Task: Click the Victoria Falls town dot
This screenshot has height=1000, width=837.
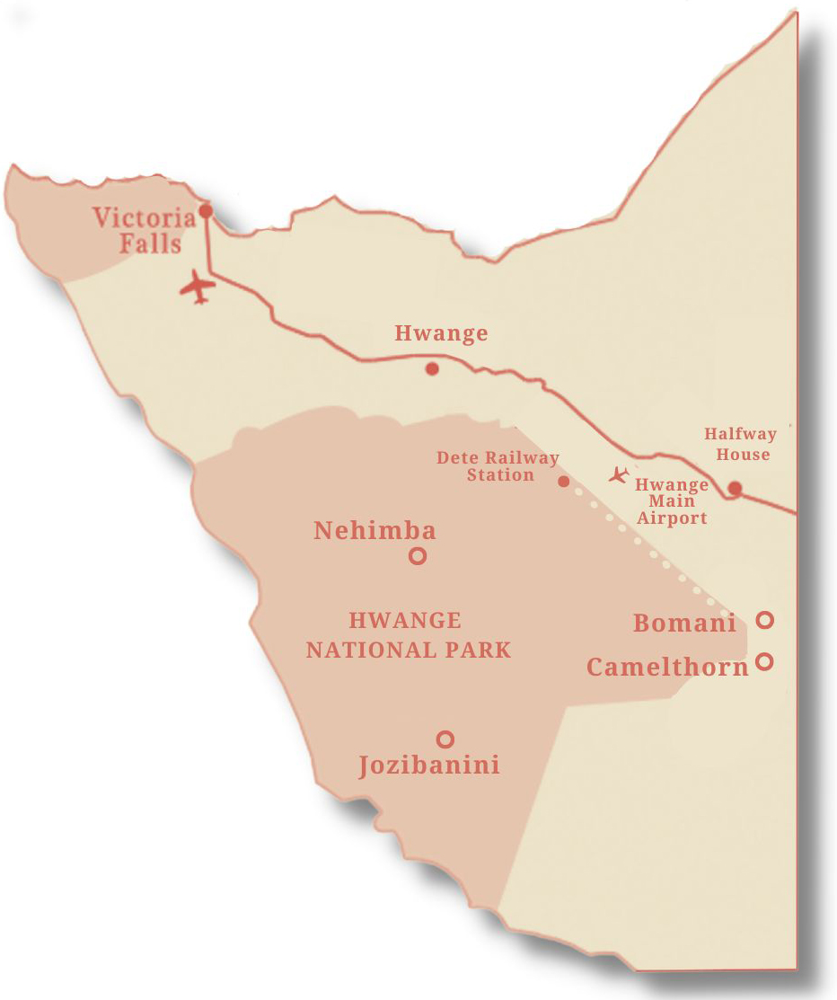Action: point(206,211)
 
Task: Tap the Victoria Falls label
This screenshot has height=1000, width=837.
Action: point(144,230)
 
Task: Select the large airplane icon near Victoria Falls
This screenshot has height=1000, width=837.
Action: point(198,288)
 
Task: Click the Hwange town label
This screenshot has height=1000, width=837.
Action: point(441,334)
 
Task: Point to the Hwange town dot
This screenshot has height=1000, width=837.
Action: point(432,368)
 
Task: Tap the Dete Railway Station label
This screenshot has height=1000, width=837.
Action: point(498,466)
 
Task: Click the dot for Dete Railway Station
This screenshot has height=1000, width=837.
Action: point(564,482)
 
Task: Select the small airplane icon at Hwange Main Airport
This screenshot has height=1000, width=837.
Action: point(618,474)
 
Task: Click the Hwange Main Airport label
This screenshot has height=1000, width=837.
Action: point(672,501)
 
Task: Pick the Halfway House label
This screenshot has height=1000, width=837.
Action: point(740,444)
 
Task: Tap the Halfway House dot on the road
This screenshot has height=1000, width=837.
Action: point(735,488)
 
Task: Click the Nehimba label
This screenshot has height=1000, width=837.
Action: point(374,531)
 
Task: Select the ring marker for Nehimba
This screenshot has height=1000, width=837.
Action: point(418,556)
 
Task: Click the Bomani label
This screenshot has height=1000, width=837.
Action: point(684,623)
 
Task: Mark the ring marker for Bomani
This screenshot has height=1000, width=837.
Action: point(764,620)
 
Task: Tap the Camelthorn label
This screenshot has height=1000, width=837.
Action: point(667,667)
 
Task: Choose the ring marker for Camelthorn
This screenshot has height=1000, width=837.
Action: point(764,661)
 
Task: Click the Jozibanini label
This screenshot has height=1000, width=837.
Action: point(429,766)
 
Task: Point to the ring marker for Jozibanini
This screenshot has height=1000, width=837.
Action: point(445,739)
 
